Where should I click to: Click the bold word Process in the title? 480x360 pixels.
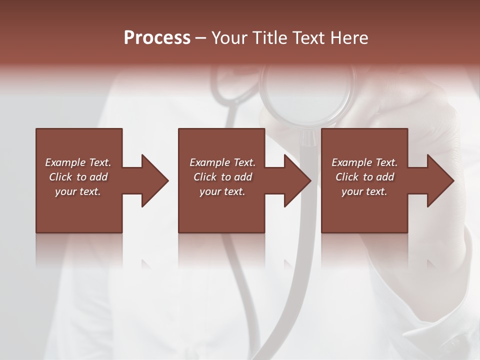click(x=157, y=38)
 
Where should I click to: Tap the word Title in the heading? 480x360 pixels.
click(x=269, y=38)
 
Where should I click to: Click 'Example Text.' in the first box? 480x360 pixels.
click(x=78, y=162)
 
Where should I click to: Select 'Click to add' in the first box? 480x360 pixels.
click(x=78, y=177)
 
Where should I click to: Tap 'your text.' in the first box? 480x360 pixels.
click(x=78, y=191)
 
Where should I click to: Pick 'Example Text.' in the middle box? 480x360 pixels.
click(x=222, y=162)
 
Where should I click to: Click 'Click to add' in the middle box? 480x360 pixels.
click(x=222, y=177)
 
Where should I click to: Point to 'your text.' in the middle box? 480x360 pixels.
click(x=222, y=191)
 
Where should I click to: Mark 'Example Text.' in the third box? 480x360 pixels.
click(x=364, y=162)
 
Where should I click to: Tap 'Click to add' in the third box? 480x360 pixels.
click(x=364, y=177)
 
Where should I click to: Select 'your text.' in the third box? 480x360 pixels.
click(x=364, y=191)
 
